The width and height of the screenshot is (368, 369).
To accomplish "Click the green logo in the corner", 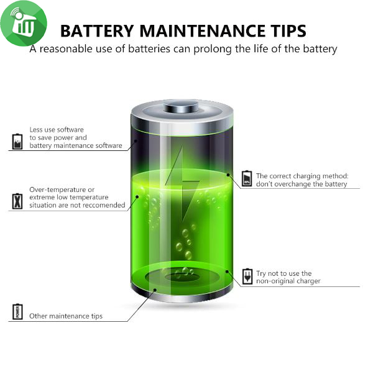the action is tap(24, 23).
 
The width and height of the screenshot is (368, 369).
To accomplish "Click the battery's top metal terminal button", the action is tap(181, 106).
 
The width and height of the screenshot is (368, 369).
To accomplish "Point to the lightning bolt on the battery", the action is tap(182, 184).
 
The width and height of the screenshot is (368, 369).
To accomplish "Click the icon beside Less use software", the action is tap(17, 142).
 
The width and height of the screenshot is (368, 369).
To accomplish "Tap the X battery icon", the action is tap(17, 201).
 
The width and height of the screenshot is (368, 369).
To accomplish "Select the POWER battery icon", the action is tap(17, 312).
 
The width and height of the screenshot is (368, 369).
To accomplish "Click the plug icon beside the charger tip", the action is tap(247, 276).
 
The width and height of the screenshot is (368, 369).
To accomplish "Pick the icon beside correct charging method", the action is tap(247, 179).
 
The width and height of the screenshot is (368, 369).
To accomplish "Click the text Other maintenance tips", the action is tap(66, 316).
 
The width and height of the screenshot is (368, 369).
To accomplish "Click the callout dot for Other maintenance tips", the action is tap(155, 289).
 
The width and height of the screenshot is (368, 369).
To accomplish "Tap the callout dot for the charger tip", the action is tap(227, 271).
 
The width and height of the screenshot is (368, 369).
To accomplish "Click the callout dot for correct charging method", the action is tap(228, 175).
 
